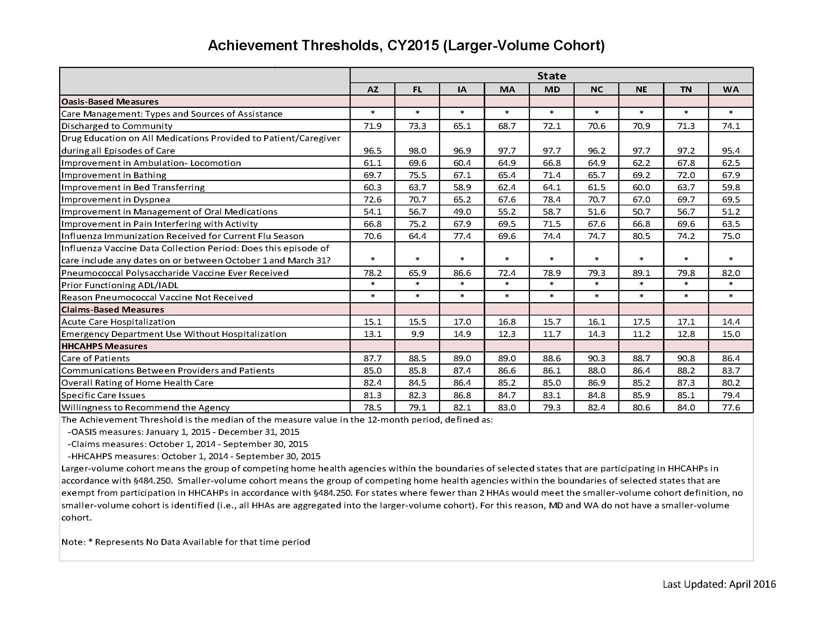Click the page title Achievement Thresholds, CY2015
(406, 45)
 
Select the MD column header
(552, 89)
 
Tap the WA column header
(731, 89)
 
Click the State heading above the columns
(551, 76)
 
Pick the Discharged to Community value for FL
(417, 126)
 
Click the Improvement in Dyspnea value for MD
(552, 199)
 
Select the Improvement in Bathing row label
(114, 175)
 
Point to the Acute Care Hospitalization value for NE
(641, 321)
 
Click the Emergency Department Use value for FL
(417, 334)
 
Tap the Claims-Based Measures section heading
(112, 310)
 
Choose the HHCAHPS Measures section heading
(104, 346)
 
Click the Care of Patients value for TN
(686, 358)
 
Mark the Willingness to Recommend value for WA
(731, 407)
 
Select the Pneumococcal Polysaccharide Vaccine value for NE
(641, 273)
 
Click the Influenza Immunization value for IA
(462, 236)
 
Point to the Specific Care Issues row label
(103, 395)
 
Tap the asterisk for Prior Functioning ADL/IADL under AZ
(373, 284)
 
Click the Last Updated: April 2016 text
(719, 584)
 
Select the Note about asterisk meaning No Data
(186, 542)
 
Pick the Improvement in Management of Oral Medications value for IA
(462, 212)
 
